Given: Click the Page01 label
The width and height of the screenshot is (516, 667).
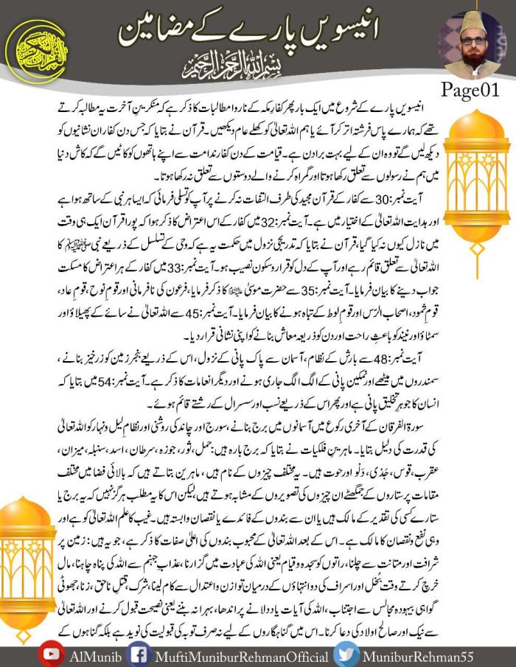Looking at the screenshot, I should tap(470, 91).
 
